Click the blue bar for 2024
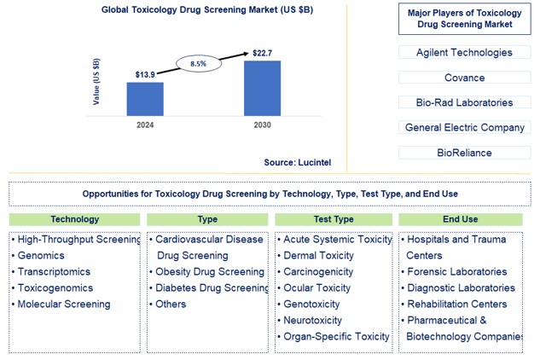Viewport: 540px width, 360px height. click(145, 98)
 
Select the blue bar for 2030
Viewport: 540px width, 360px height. click(262, 88)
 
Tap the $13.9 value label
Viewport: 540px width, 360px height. click(145, 75)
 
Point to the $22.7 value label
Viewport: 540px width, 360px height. click(263, 54)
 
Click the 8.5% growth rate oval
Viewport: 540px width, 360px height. click(197, 62)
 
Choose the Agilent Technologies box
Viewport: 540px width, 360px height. click(464, 53)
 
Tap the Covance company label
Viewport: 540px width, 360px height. click(464, 78)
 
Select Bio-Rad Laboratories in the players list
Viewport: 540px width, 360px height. click(464, 102)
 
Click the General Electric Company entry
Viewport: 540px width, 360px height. click(464, 128)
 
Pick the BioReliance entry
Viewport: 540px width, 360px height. click(464, 153)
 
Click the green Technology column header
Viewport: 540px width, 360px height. click(74, 219)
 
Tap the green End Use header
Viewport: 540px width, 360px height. click(462, 219)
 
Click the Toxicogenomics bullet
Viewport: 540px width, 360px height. click(57, 288)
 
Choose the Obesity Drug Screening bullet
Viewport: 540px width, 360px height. click(209, 272)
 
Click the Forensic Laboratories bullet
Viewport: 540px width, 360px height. click(456, 272)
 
